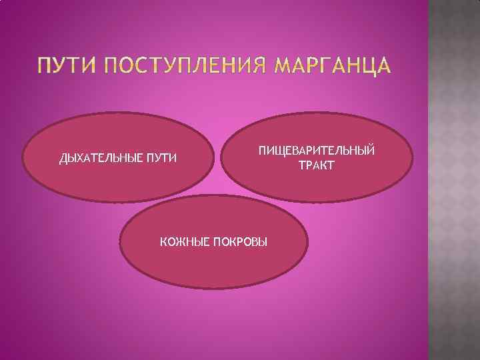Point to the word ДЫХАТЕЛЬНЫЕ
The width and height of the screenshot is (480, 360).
click(x=98, y=159)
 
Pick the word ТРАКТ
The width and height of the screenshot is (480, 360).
click(x=317, y=164)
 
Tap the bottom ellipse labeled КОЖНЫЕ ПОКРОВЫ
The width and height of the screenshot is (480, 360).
click(x=213, y=267)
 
